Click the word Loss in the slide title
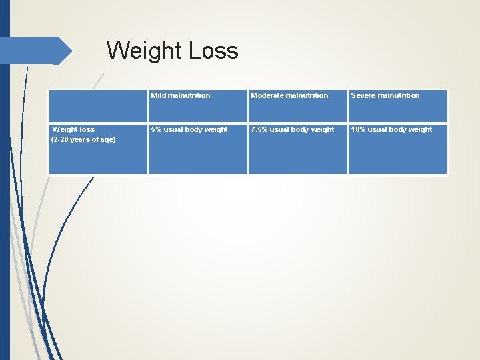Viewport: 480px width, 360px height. [x=214, y=51]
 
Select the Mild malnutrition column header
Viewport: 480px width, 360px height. [x=181, y=95]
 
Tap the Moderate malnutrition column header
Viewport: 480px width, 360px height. [x=289, y=95]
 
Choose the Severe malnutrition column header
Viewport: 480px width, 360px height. [x=385, y=95]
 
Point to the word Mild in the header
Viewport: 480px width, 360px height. [x=159, y=95]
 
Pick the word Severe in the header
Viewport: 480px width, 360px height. [x=363, y=95]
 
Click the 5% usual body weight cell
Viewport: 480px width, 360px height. [x=189, y=129]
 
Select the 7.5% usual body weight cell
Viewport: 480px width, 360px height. [x=293, y=129]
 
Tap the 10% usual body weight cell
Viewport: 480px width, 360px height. [x=392, y=129]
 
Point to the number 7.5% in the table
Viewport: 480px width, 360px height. [x=259, y=129]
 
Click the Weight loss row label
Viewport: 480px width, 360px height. [x=74, y=129]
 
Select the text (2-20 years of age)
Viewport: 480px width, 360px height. [x=83, y=139]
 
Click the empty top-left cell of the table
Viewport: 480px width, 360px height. [x=98, y=105]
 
